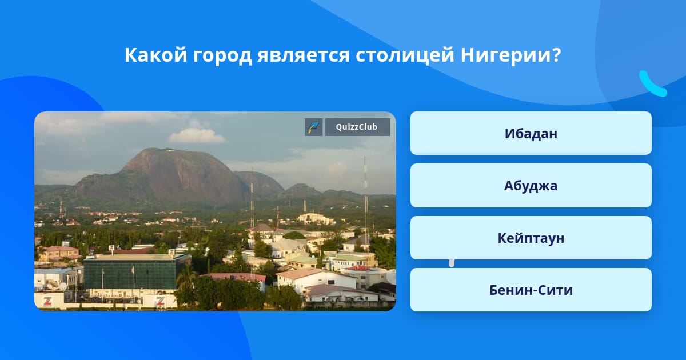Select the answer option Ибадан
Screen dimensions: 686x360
tap(531, 133)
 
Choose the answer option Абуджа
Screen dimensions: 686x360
tap(531, 186)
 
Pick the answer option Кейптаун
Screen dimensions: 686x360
tap(531, 238)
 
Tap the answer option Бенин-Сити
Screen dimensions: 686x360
tap(531, 290)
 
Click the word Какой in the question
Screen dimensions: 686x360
tap(155, 55)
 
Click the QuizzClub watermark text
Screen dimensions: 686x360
tap(357, 127)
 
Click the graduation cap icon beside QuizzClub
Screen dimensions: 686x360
tap(314, 127)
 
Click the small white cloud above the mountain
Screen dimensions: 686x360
tap(196, 135)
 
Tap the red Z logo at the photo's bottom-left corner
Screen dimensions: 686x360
tap(47, 301)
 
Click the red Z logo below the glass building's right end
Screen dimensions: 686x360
tap(160, 301)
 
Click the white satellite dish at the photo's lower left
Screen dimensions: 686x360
tap(63, 286)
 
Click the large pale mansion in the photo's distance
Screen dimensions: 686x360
tap(316, 219)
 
